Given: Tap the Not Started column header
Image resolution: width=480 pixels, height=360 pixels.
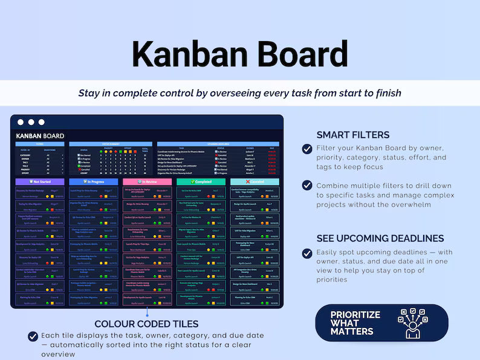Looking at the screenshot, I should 40,181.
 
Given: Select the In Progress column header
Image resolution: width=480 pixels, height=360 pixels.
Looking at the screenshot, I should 93,181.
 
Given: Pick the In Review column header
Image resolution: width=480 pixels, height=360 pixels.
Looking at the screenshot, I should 147,181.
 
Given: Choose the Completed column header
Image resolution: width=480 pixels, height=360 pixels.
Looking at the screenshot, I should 201,181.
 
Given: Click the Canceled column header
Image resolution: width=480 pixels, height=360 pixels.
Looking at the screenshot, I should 255,181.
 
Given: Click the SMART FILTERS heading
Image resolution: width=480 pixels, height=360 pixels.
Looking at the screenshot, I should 353,135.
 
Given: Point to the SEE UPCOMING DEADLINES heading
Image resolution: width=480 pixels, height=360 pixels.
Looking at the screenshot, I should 380,239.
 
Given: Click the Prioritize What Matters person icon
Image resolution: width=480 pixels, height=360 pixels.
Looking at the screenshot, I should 413,323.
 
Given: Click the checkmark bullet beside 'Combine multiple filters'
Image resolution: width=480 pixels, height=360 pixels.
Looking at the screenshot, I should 307,185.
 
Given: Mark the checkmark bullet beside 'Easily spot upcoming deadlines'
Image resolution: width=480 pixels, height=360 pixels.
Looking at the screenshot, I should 307,253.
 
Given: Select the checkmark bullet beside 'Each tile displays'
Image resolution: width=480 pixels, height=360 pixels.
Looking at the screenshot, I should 33,336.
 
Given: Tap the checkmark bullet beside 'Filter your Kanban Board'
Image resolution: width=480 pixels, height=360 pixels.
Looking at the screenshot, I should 307,149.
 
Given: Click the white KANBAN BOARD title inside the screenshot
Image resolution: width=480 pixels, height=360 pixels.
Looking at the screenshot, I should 40,136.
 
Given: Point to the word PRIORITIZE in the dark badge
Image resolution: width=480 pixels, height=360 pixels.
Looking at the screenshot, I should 355,315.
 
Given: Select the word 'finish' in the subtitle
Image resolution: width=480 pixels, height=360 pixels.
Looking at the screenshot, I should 387,93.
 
